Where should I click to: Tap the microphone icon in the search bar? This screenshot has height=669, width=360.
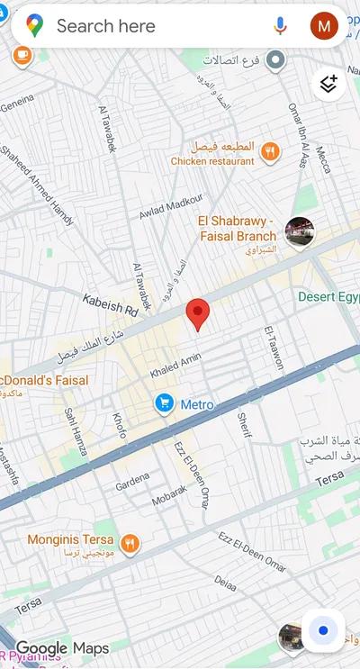pos(280,26)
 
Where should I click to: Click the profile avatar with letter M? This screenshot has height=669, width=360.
pos(324,26)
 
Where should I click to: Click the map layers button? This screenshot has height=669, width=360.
pos(328,84)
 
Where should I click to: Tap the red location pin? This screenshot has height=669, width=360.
pos(198,316)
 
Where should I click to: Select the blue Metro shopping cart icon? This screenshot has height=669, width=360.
pos(163,403)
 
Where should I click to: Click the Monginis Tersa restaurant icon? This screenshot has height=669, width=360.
pos(130,542)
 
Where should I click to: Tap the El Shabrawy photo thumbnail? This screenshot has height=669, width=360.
pos(299,231)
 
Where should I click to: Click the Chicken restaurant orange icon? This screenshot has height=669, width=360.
pos(267,152)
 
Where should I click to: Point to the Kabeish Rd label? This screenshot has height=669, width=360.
pos(110,303)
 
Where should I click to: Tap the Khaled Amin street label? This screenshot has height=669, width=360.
pos(176,365)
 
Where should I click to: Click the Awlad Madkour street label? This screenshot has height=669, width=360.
pos(170,207)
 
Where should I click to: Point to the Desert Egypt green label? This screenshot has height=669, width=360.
pos(328,296)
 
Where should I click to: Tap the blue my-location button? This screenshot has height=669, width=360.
pos(323,630)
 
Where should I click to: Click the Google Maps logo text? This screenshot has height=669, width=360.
pos(62,648)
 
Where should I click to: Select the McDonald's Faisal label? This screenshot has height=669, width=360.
pos(45,381)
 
